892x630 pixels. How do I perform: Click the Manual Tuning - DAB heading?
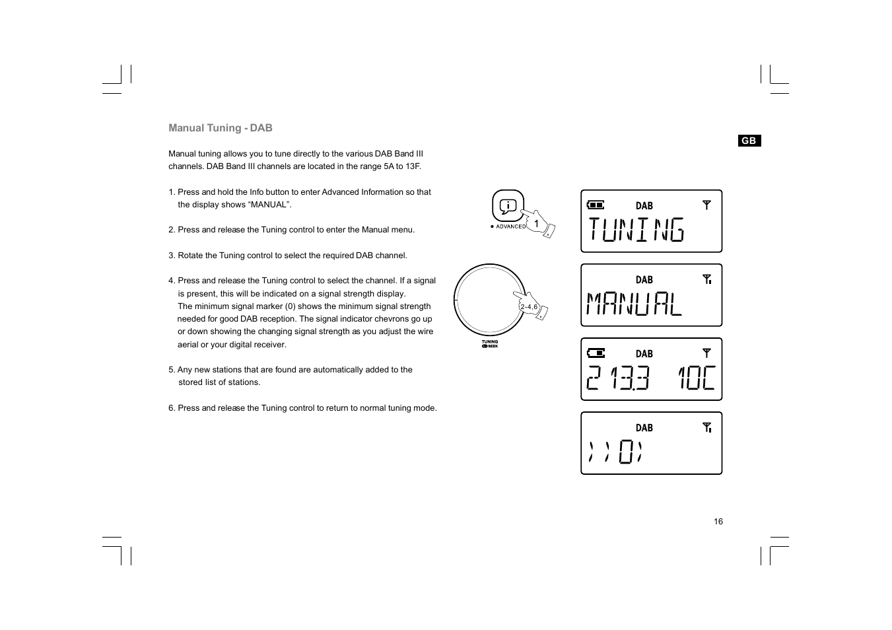(x=220, y=128)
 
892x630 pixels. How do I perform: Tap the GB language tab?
(x=749, y=141)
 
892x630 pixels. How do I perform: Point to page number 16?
(x=718, y=522)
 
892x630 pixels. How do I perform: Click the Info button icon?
(x=508, y=206)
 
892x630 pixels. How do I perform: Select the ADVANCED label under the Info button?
(x=510, y=227)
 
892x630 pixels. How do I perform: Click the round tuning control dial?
(x=489, y=299)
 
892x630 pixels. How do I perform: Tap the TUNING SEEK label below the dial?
(x=490, y=344)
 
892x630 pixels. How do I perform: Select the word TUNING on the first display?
(x=636, y=230)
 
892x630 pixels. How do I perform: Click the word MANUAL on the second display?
(x=634, y=304)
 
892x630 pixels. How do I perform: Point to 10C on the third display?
(x=696, y=378)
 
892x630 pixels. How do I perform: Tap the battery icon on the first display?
(x=596, y=205)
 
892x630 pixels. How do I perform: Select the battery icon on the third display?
(x=596, y=353)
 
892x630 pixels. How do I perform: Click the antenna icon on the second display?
(x=706, y=279)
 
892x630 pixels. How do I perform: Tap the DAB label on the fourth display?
(x=644, y=428)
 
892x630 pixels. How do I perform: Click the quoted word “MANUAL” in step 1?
(x=269, y=205)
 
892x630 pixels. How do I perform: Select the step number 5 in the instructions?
(x=171, y=370)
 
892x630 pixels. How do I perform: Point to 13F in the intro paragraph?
(x=413, y=166)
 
